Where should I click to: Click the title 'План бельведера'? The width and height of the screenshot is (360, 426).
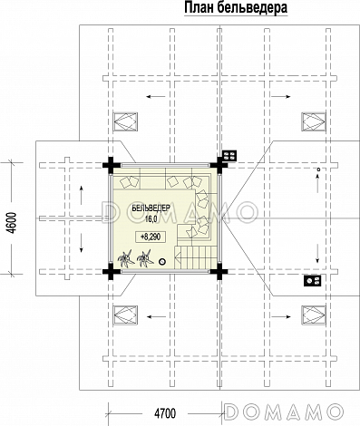point(236,7)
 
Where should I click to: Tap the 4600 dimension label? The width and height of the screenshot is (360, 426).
point(12,223)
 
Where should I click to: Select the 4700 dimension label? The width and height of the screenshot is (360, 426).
point(165,413)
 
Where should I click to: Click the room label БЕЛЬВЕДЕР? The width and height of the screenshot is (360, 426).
point(151,208)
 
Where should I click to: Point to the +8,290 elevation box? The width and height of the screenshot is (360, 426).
point(151,237)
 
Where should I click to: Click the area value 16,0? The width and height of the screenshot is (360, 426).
point(151,219)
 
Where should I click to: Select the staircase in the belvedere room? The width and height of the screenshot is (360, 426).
point(196,257)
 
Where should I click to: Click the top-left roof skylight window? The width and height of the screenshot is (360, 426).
point(125,122)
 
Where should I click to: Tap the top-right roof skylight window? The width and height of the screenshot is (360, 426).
point(314,122)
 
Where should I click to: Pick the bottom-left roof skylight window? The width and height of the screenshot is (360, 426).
point(125,315)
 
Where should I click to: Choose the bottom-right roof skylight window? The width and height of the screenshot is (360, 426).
point(314,315)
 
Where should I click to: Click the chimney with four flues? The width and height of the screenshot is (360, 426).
point(229,156)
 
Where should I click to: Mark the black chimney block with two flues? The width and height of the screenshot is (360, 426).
point(313,281)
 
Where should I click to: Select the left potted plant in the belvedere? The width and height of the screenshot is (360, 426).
point(126,258)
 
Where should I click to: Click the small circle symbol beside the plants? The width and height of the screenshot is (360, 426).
point(162,262)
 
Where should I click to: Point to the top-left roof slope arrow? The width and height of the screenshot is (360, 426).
point(156,97)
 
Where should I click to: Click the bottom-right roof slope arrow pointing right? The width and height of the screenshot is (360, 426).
point(280,316)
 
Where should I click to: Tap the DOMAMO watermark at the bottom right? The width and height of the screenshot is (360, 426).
point(284,411)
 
